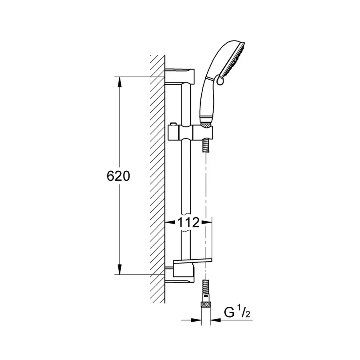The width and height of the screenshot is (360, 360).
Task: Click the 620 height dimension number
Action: click(118, 176)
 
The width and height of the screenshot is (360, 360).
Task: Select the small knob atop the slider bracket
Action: click(172, 125)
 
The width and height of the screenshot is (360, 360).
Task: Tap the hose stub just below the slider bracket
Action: click(205, 145)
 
